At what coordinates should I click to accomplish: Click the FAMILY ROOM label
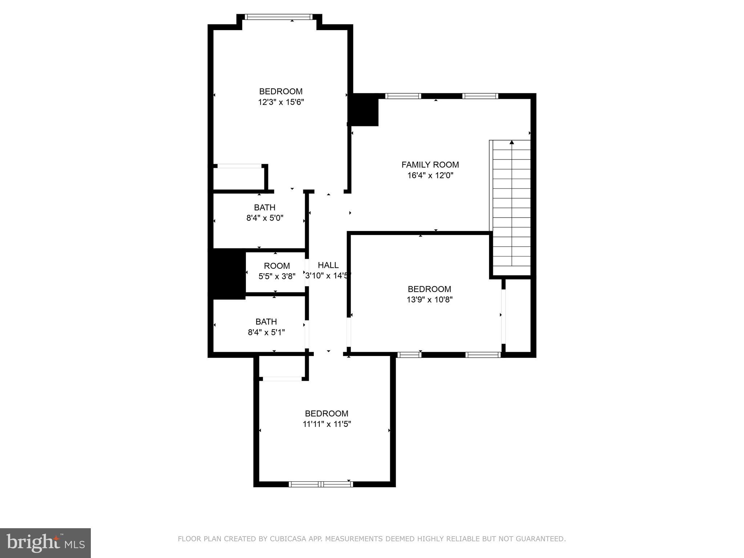[x=430, y=165]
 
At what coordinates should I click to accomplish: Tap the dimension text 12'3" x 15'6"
[x=281, y=102]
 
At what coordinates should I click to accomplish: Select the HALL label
[x=328, y=265]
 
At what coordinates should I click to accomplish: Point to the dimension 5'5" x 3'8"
[x=277, y=276]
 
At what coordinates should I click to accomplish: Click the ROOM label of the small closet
[x=277, y=266]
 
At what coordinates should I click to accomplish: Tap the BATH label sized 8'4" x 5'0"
[x=264, y=207]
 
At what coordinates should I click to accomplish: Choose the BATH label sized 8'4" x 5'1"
[x=266, y=322]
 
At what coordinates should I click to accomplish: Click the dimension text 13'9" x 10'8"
[x=429, y=300]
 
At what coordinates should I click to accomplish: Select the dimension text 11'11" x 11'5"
[x=327, y=424]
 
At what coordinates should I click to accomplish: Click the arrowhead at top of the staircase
[x=512, y=142]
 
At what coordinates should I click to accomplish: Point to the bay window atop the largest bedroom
[x=279, y=17]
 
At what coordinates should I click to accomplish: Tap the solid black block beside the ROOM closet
[x=229, y=274]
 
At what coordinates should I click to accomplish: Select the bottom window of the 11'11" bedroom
[x=321, y=484]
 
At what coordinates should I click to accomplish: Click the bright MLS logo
[x=45, y=543]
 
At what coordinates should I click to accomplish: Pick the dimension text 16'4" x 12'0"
[x=430, y=175]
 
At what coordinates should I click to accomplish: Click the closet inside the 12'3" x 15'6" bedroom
[x=238, y=178]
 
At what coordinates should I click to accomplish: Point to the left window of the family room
[x=403, y=96]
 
